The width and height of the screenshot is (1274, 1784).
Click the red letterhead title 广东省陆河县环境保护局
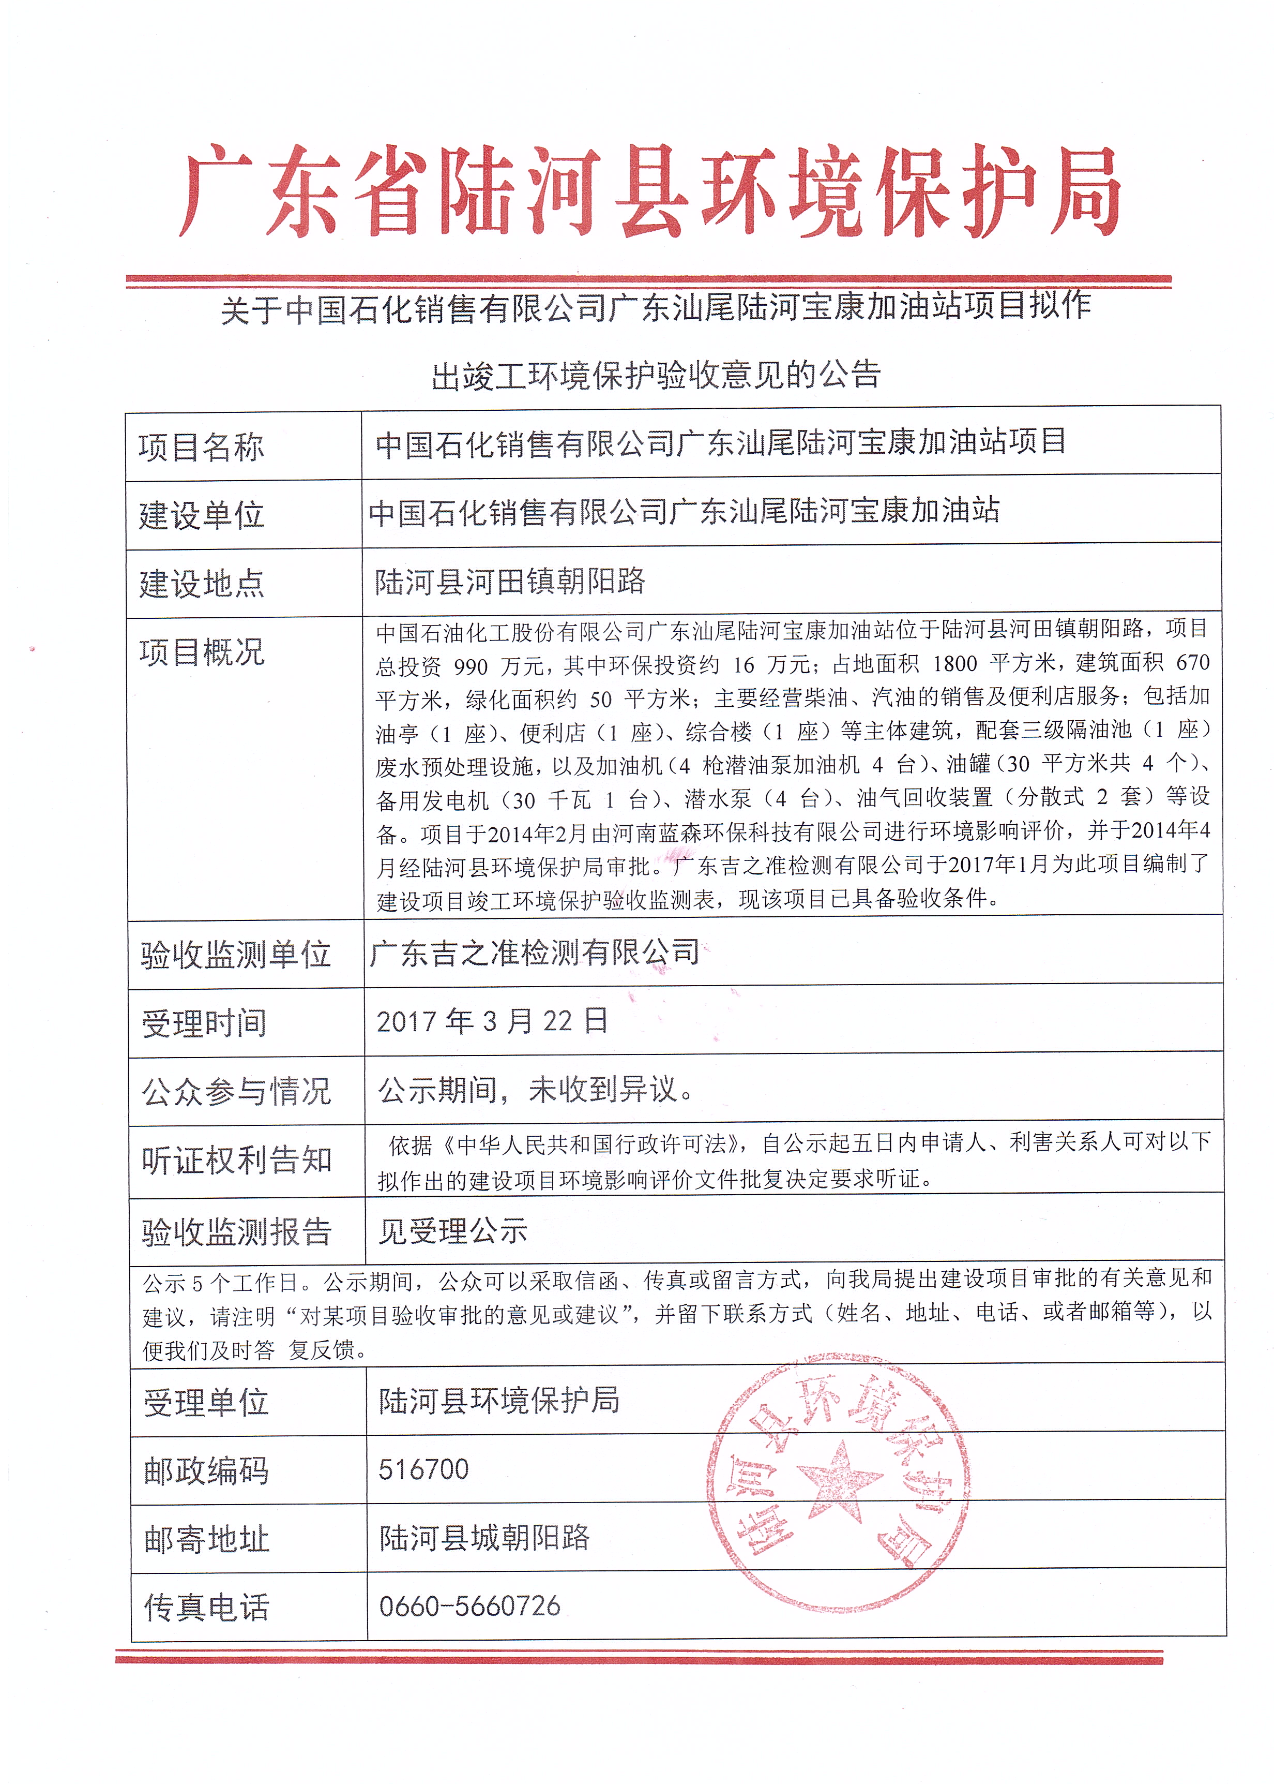(649, 191)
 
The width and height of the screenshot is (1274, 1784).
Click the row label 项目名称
(202, 448)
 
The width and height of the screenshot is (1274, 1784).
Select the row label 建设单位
(202, 516)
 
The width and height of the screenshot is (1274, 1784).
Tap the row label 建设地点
(202, 584)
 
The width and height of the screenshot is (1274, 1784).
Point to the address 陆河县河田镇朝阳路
(510, 582)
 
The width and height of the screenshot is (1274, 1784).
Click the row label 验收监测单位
(235, 955)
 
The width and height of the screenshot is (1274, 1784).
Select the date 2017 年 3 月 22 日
(492, 1021)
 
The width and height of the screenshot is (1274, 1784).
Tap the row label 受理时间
(204, 1023)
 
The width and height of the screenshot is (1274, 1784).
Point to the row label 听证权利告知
(237, 1160)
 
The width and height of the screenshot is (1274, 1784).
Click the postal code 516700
(423, 1469)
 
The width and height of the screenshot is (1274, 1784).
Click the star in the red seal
(838, 1478)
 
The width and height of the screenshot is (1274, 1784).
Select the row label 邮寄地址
(206, 1540)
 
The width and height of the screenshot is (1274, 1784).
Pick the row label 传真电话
(206, 1608)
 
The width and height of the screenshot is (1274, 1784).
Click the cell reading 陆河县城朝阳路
(484, 1538)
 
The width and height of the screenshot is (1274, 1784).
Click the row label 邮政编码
(206, 1471)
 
